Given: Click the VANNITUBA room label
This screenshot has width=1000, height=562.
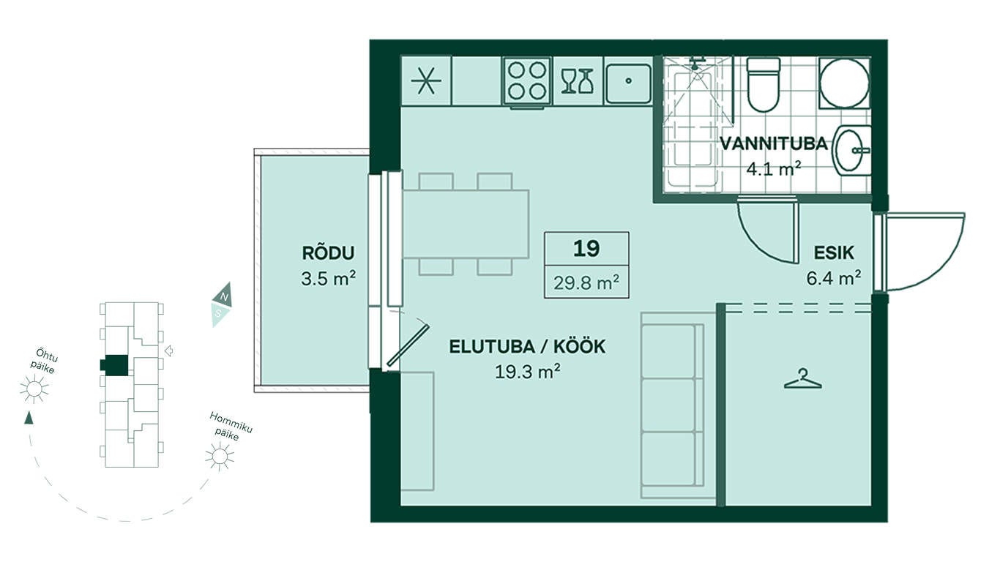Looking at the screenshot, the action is [774, 144].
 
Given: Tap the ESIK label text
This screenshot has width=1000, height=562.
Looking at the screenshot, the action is [834, 253].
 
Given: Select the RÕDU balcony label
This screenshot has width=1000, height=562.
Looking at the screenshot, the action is [328, 252].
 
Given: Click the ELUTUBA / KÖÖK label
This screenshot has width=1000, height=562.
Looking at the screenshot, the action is [527, 347].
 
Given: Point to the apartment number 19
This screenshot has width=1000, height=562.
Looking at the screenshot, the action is [586, 249].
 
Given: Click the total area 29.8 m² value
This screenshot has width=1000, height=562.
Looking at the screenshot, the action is [586, 282].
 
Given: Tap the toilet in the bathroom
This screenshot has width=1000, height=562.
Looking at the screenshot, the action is [764, 84].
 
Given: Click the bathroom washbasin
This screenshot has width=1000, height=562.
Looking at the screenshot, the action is [852, 151].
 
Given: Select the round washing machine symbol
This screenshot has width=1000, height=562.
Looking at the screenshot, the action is [844, 83].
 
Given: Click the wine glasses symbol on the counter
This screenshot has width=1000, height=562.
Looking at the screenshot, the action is [577, 81].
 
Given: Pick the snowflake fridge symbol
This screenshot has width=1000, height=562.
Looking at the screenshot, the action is [426, 81].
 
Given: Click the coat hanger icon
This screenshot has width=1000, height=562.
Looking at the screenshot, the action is [802, 379].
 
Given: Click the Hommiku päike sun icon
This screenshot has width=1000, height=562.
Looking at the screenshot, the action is [220, 457].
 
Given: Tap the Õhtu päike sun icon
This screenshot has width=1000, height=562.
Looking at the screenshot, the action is [34, 389].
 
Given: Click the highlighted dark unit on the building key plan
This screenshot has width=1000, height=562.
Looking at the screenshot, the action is [115, 365].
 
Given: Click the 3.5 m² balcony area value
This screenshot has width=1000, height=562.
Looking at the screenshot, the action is [328, 279].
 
